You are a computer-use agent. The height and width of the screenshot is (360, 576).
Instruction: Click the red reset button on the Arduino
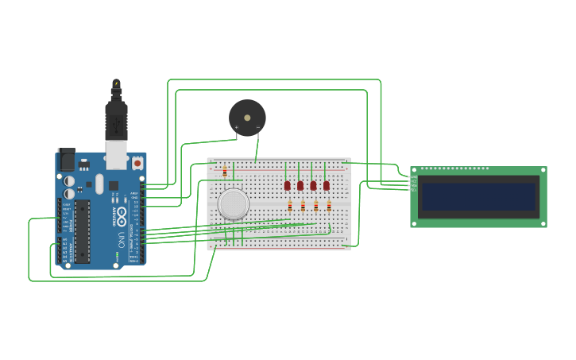point(137,163)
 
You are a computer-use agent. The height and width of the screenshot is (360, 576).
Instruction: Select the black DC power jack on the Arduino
point(66,161)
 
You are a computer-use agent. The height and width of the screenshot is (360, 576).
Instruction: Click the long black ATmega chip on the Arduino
point(83,231)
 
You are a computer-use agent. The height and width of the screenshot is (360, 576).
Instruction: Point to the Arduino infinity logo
point(122,222)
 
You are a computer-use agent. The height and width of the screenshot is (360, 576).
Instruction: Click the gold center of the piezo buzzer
point(247,118)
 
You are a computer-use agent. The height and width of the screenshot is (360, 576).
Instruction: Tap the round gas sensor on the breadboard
point(234,203)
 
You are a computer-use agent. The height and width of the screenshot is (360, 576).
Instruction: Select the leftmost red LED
point(287,185)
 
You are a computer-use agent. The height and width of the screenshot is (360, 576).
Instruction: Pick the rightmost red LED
point(327,185)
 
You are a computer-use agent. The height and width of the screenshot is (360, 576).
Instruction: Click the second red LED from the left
point(300,185)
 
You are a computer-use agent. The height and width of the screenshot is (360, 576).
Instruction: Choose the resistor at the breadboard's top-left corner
point(225,171)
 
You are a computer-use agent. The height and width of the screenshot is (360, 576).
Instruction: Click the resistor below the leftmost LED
point(290,206)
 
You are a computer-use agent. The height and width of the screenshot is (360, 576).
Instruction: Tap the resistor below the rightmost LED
point(329,206)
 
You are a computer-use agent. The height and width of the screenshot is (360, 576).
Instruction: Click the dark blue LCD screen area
point(478,196)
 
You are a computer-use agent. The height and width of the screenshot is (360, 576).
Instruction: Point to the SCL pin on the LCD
point(413,190)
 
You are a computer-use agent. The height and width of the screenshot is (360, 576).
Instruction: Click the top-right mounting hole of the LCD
point(543,170)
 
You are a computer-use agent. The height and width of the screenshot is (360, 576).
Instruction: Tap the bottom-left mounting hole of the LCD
point(414,223)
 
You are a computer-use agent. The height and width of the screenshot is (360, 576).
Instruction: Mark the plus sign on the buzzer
point(236,127)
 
